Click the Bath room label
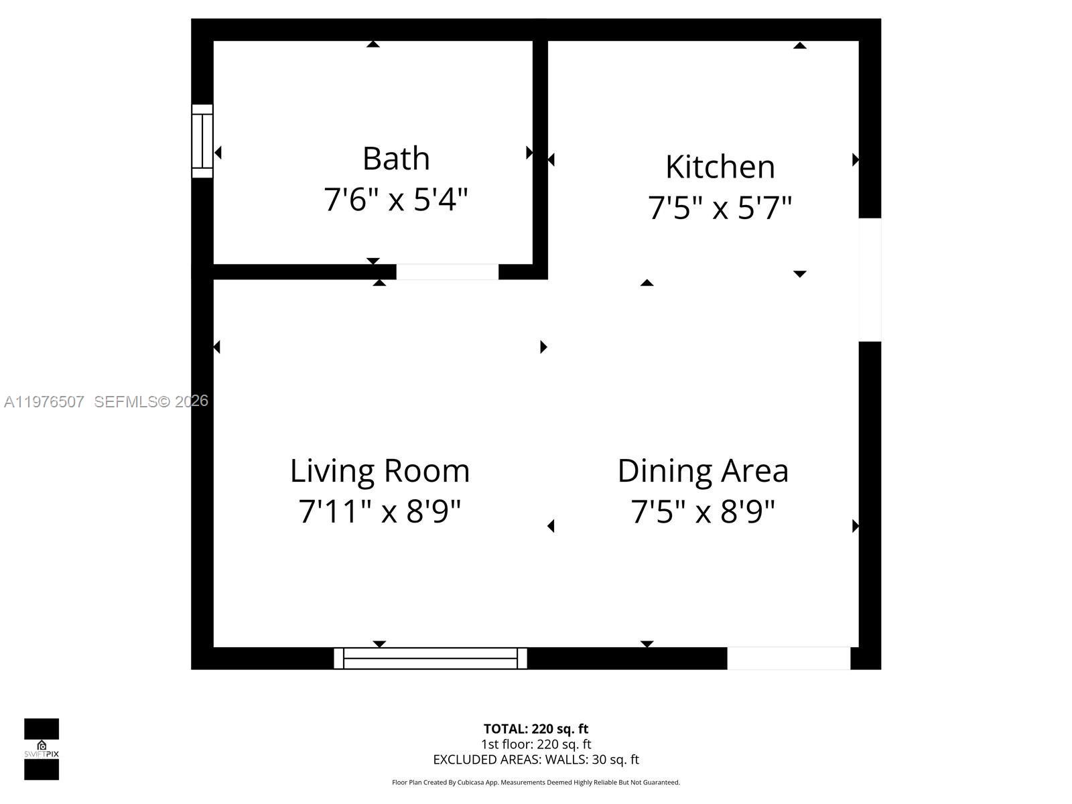coord(396,159)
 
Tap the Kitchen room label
coord(720,167)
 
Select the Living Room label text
coord(380,471)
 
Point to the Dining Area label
coord(703,471)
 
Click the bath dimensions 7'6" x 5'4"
coord(395,200)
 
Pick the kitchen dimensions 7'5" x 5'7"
coord(720,208)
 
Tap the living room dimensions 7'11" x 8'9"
coord(380,512)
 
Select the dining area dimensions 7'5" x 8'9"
coord(703,512)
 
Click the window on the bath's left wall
coord(202,141)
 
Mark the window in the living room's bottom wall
coord(430,658)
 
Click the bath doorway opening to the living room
coord(447,272)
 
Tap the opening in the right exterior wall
coord(870,279)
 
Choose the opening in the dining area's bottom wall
coord(789,658)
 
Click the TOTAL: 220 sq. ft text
coord(536,729)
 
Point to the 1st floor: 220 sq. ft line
coord(536,744)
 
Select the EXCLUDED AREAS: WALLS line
coord(536,760)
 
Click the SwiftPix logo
coord(42,749)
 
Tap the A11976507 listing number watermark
coord(44,401)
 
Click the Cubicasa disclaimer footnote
coord(536,783)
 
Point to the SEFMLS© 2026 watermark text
coord(151,401)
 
